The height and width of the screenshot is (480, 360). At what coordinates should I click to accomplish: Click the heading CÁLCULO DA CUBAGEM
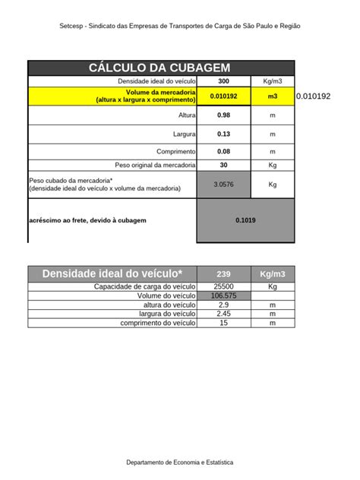pos(159,68)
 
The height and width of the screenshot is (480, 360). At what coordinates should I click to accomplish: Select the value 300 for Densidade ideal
pos(223,81)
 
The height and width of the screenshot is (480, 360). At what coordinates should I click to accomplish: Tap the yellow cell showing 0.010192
pos(223,96)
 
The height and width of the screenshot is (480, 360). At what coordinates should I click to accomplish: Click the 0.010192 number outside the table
pos(313,96)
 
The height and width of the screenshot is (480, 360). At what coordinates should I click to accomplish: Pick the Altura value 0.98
pos(223,115)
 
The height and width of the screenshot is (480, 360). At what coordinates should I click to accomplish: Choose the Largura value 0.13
pos(223,134)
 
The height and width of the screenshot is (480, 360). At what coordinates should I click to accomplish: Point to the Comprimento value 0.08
pos(223,152)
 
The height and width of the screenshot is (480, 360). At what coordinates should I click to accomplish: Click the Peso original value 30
pos(223,165)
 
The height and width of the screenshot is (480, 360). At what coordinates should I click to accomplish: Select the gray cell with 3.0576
pos(223,184)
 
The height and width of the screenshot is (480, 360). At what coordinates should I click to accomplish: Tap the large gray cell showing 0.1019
pos(245,220)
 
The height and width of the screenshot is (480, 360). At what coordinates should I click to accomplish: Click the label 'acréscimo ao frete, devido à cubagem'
pos(87,220)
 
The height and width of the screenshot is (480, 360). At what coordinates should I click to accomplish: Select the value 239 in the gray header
pos(223,274)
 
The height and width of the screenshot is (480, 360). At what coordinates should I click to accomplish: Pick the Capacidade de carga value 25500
pos(223,286)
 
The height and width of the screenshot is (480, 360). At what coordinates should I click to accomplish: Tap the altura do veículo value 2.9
pos(223,305)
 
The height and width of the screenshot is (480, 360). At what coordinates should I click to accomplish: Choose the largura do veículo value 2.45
pos(223,314)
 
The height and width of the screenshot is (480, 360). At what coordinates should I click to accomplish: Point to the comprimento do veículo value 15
pos(223,323)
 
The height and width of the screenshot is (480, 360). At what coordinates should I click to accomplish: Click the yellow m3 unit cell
pos(273,96)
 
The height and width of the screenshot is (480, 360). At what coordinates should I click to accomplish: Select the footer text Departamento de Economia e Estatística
pos(180,462)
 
